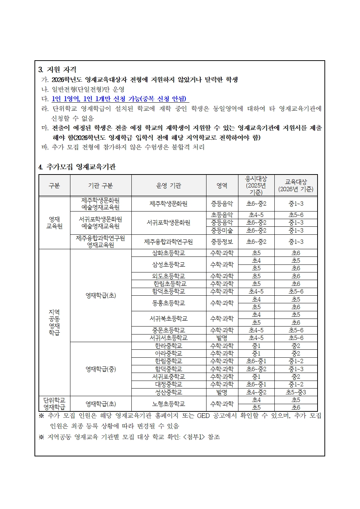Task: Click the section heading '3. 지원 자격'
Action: click(57, 70)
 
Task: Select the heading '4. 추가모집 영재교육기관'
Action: click(77, 167)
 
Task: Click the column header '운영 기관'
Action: click(168, 185)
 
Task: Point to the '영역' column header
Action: click(222, 185)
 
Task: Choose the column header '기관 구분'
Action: click(101, 185)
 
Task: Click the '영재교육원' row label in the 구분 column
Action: click(54, 223)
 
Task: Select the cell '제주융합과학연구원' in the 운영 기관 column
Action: click(168, 242)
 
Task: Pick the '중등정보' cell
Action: click(222, 242)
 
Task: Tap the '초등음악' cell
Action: click(222, 215)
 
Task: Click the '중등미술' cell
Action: click(222, 230)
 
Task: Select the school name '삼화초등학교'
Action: click(168, 253)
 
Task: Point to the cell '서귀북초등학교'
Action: click(168, 319)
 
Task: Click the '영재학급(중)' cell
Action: click(101, 369)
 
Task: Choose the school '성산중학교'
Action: click(168, 392)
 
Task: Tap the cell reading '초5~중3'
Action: click(296, 392)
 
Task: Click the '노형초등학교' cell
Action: click(168, 404)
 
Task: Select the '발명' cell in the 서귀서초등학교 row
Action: click(222, 338)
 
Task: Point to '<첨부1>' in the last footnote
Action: click(194, 437)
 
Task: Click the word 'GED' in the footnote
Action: click(204, 416)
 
